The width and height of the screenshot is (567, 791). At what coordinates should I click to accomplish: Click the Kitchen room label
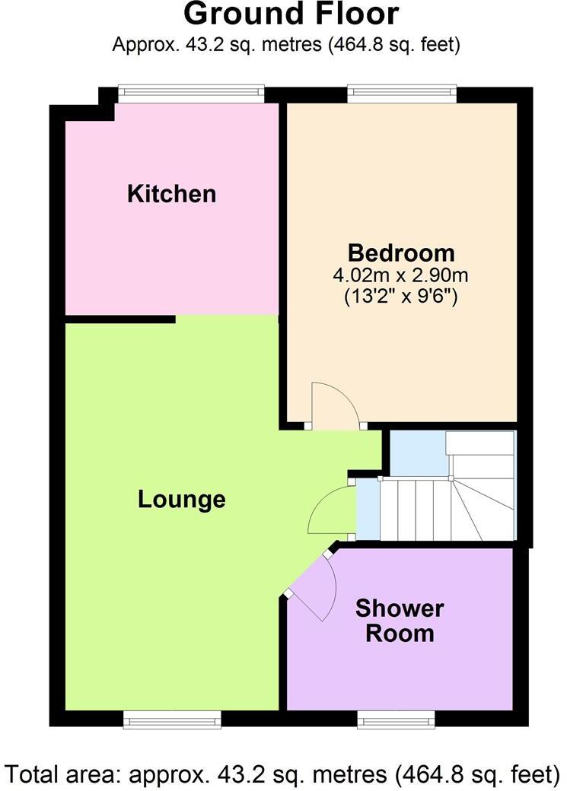171,194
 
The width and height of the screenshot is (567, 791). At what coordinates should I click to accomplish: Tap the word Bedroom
401,253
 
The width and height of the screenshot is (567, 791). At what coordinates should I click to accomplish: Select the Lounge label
182,500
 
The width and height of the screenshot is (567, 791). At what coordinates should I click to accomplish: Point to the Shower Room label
400,621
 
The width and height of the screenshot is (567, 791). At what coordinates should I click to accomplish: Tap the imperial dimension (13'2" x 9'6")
401,296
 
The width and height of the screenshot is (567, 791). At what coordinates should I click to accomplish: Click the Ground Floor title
291,14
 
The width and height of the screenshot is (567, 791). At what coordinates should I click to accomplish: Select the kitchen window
192,94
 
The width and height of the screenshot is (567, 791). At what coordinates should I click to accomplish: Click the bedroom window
402,94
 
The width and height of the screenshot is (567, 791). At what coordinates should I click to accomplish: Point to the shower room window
397,719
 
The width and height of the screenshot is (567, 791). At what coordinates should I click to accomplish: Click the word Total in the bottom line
33,775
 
